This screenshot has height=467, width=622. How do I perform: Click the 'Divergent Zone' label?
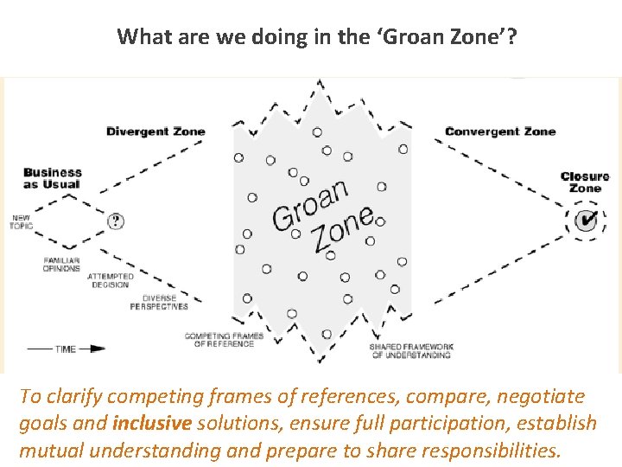click(155, 131)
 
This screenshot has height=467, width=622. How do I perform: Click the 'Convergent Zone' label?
click(500, 131)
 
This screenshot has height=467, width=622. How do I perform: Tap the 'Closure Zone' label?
click(585, 182)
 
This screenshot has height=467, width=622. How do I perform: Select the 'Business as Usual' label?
click(53, 178)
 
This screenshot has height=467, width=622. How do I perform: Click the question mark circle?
click(116, 221)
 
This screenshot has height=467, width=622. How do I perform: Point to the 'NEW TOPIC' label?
click(21, 221)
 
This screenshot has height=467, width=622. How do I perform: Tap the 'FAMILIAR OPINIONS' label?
click(62, 264)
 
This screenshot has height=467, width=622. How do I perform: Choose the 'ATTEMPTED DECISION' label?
click(108, 280)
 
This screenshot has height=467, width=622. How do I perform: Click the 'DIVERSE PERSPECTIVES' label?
click(160, 302)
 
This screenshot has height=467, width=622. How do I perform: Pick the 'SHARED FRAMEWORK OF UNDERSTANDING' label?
click(410, 350)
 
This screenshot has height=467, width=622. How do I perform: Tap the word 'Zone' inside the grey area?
click(343, 229)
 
